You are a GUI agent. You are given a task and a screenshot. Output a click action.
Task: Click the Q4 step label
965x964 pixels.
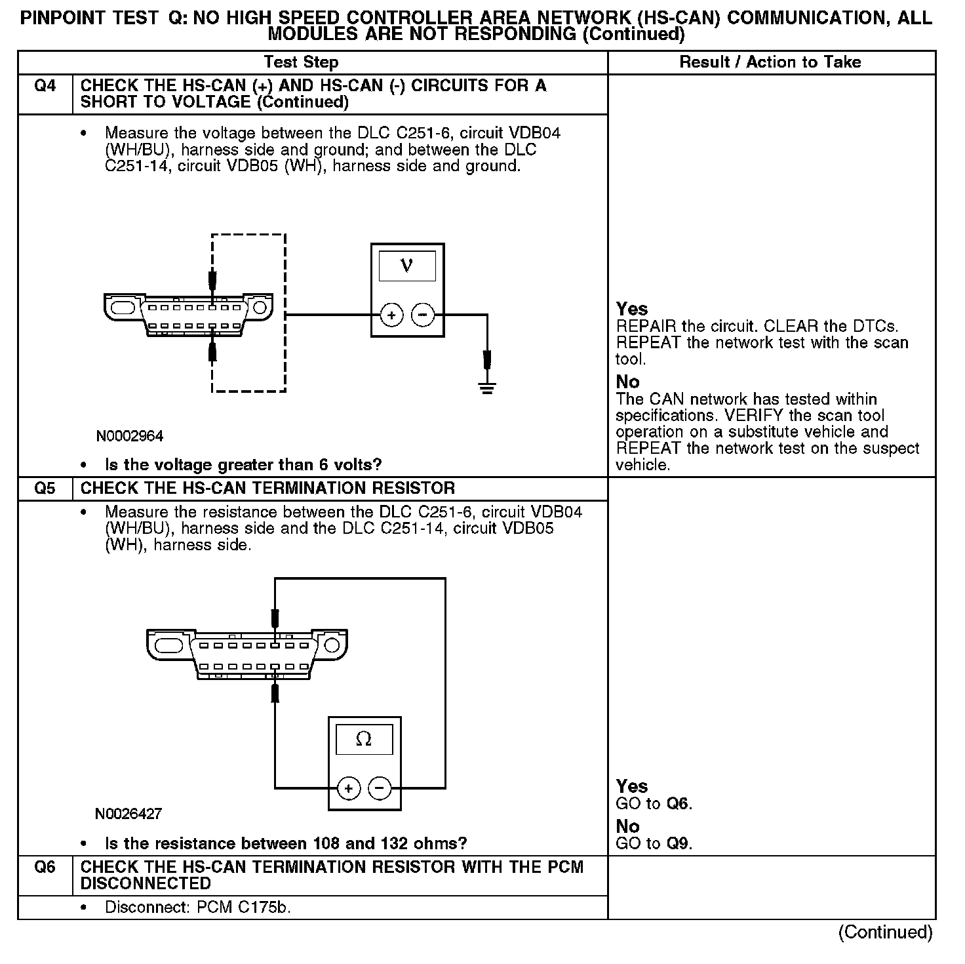(x=45, y=86)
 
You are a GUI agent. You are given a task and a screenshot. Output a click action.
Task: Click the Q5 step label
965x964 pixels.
(x=45, y=489)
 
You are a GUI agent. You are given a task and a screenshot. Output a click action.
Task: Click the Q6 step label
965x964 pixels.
(x=45, y=867)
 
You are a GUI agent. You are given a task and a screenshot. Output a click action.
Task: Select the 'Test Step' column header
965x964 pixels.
(x=301, y=62)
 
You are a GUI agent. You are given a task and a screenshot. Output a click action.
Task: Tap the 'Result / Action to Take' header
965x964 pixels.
(x=770, y=62)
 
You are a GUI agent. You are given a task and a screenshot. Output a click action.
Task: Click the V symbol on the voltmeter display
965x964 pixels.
(x=407, y=266)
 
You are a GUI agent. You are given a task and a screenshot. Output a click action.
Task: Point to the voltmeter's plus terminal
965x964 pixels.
(x=391, y=315)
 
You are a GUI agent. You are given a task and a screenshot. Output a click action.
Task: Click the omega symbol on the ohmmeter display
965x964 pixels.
(x=364, y=739)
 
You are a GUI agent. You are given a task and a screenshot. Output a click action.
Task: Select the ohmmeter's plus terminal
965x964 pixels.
(x=349, y=788)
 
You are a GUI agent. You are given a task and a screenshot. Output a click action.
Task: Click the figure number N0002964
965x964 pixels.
(x=130, y=436)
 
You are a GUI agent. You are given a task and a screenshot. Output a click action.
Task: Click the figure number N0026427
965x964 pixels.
(x=128, y=814)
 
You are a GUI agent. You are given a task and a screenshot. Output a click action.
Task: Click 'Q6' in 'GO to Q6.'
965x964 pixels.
(x=678, y=803)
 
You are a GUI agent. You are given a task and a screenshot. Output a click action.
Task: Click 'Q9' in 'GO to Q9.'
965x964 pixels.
(x=678, y=843)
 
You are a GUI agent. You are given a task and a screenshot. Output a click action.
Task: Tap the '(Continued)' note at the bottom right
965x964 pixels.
(x=885, y=933)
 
